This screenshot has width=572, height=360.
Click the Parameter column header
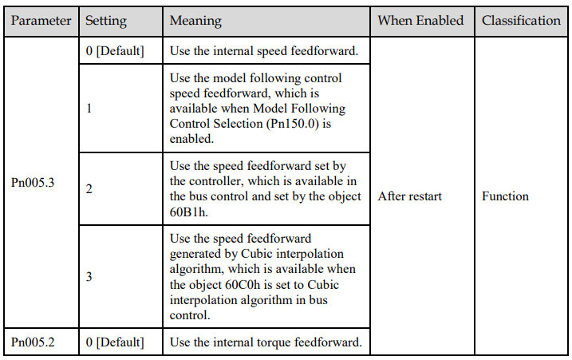[41, 21]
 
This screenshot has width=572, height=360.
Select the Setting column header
[106, 22]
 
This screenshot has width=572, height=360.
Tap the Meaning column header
[195, 22]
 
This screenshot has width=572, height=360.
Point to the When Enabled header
[420, 21]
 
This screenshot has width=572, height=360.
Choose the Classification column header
[521, 21]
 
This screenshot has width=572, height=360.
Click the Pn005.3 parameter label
[33, 182]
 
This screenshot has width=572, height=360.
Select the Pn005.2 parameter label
[33, 342]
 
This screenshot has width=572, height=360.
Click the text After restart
[410, 196]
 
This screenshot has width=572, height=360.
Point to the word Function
[505, 196]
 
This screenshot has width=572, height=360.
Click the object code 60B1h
[188, 212]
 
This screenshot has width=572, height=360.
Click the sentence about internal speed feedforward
[264, 51]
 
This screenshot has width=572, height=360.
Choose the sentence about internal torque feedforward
[266, 342]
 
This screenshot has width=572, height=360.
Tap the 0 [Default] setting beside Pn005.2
[115, 342]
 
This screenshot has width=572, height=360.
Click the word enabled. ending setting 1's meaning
[191, 139]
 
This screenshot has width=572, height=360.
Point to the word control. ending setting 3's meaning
[190, 315]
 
